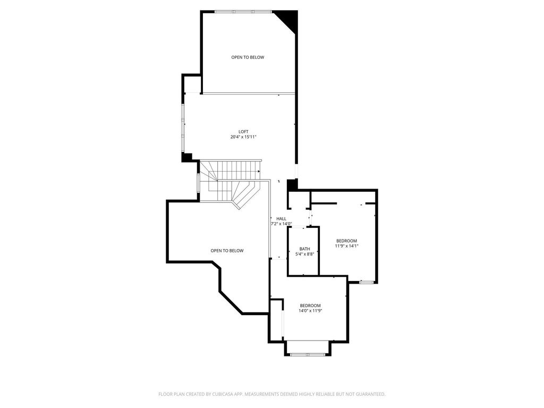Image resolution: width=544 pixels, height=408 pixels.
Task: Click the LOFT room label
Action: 243,132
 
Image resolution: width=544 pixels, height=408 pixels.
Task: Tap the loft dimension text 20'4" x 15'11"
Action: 243,137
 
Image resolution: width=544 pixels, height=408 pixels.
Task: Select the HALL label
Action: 282,218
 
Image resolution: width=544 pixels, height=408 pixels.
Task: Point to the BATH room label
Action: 304,249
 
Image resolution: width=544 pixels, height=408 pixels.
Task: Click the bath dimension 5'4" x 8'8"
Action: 304,254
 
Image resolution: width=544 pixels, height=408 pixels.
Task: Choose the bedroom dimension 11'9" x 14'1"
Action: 346,246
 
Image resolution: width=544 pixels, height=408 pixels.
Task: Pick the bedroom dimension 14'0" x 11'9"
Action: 310,311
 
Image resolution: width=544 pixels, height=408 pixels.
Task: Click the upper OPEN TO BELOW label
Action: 248,57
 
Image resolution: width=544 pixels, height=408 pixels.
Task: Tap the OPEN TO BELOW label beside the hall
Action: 227,251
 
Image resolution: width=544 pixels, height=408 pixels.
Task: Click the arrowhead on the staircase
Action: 259,172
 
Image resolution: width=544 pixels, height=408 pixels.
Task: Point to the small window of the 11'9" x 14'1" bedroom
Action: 366,282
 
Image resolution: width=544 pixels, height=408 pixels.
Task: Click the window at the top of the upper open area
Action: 243,12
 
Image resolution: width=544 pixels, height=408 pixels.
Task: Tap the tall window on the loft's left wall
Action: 183,129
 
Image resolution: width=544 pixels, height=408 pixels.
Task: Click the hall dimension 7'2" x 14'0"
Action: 282,224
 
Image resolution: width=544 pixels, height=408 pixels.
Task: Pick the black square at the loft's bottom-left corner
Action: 186,157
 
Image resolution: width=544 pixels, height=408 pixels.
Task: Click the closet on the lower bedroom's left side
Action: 276,320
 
